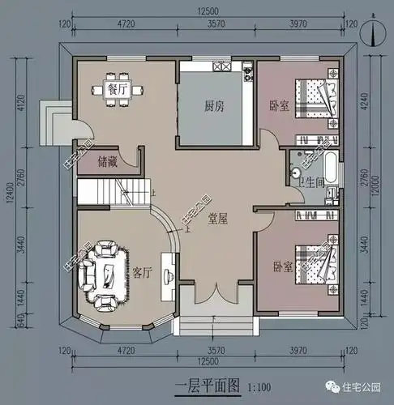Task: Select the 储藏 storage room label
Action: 106,162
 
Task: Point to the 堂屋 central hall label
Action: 216,218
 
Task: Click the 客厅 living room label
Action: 142,272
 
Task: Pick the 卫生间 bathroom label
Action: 311,183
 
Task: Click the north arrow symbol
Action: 370,32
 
